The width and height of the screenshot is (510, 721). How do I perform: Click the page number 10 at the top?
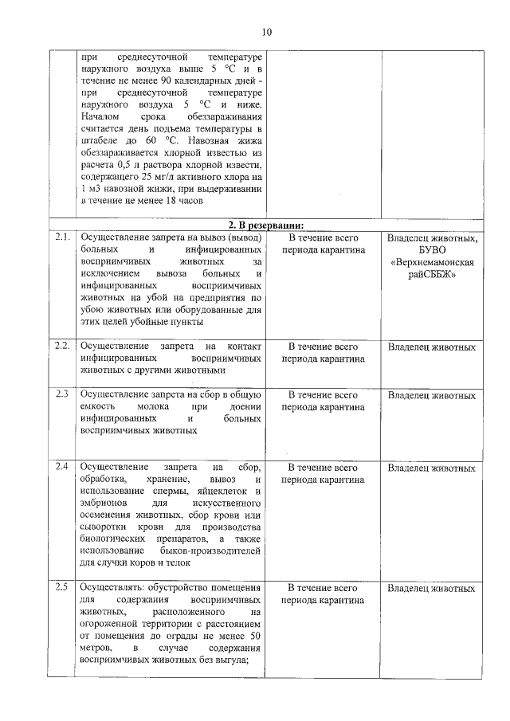coord(266,32)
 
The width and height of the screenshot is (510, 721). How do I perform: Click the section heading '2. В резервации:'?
coord(265,225)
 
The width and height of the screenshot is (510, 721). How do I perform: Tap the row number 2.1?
coord(63,237)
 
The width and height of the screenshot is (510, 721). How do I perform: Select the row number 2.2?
coord(63,347)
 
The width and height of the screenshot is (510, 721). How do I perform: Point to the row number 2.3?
coord(62,394)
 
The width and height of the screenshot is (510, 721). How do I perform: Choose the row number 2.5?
coord(62,588)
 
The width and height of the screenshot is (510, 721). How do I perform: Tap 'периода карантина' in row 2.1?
coord(323,250)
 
